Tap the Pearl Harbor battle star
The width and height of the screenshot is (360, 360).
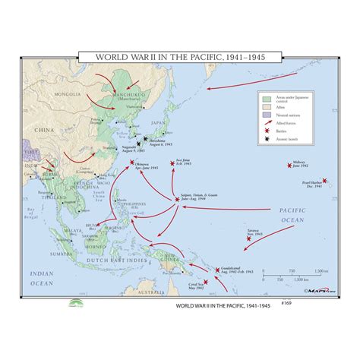(x=324, y=180)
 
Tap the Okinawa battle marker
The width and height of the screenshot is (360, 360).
(x=131, y=163)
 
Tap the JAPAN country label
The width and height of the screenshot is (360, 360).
(x=158, y=122)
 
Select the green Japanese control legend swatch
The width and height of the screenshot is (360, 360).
(x=267, y=99)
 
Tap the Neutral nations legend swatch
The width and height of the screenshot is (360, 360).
(x=267, y=115)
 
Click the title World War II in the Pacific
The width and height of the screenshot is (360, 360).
(x=179, y=58)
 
